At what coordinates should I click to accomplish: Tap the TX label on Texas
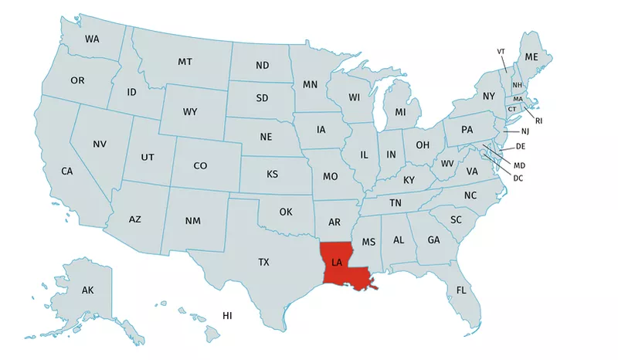263,263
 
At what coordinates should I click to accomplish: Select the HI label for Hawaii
227,316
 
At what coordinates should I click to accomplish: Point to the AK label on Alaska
87,290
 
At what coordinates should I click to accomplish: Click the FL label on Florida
461,290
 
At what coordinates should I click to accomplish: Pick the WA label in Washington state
92,39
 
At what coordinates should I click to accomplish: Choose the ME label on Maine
531,58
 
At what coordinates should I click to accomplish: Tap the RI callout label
539,121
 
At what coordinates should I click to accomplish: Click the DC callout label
518,178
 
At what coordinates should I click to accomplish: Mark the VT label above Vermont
501,52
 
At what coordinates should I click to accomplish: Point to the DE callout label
520,146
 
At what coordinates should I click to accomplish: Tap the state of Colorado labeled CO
200,165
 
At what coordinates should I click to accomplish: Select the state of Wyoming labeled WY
190,112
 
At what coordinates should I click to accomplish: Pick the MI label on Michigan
400,113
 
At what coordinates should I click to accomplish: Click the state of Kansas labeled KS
272,175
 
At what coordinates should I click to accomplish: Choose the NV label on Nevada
100,144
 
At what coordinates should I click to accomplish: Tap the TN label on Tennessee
396,203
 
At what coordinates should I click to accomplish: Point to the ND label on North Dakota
262,65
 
